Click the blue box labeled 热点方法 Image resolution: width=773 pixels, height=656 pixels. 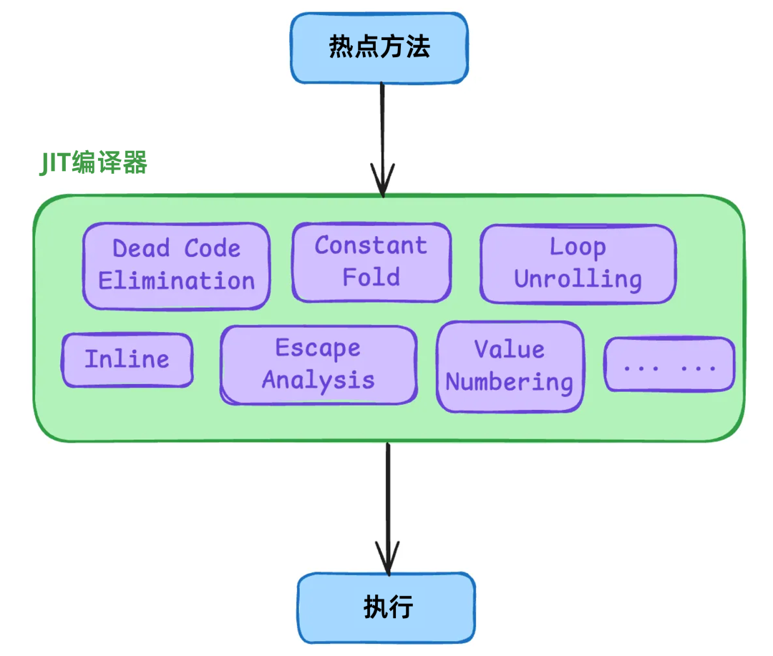click(379, 47)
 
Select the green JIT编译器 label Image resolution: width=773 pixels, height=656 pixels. click(93, 164)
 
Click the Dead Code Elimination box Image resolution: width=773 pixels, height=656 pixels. click(176, 265)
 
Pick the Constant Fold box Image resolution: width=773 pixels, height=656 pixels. click(371, 262)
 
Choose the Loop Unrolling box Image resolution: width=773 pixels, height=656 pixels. click(578, 263)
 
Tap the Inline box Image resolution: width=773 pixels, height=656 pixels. click(127, 360)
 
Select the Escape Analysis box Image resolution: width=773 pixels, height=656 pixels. click(319, 365)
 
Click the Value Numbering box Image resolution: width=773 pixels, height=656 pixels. click(510, 366)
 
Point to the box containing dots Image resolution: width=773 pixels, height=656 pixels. click(669, 365)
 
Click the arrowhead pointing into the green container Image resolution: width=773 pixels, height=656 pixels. click(382, 182)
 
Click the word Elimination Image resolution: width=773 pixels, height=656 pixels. click(176, 281)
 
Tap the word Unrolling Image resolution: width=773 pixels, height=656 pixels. click(578, 280)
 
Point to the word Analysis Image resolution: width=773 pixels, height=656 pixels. click(319, 381)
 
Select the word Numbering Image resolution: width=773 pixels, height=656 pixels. click(510, 383)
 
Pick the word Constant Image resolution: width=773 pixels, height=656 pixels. click(371, 245)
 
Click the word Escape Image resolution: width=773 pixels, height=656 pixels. click(319, 348)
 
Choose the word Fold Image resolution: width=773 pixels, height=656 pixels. click(371, 278)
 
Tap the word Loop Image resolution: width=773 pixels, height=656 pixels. click(578, 248)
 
